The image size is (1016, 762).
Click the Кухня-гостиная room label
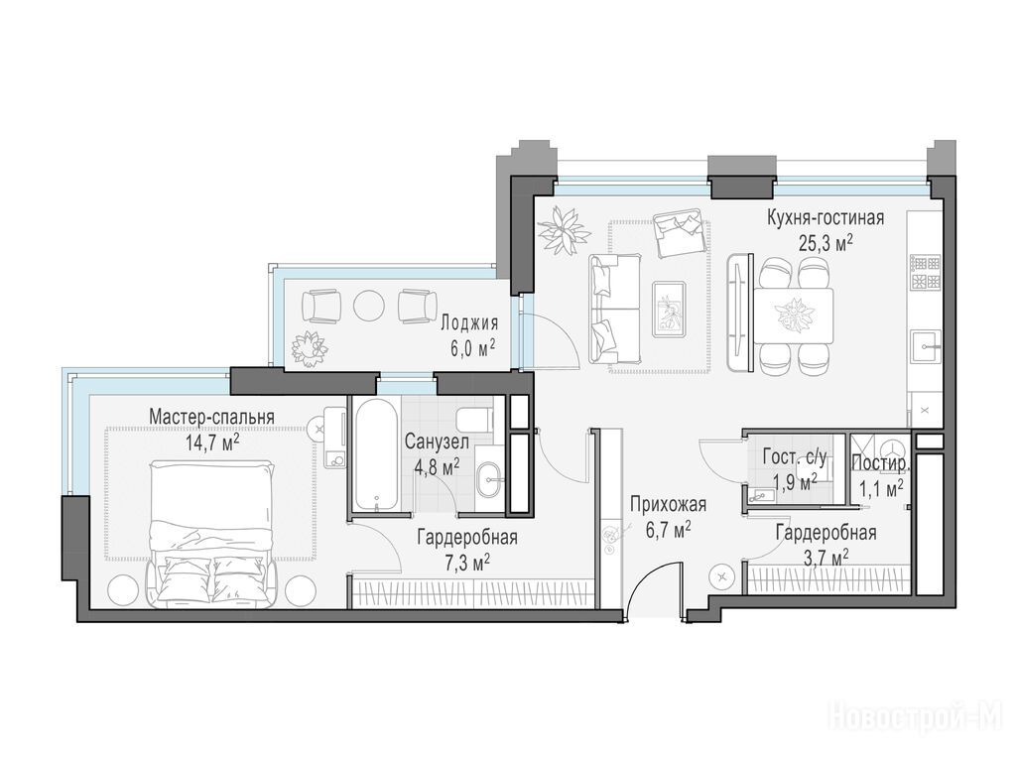coord(825,217)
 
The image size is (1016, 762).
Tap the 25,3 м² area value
coord(825,243)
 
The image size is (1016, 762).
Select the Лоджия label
coord(469,322)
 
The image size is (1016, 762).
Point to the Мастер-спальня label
coord(212,417)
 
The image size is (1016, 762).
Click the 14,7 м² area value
coord(212,442)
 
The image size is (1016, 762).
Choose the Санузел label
coord(437,442)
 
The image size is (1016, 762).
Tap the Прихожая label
coord(668,503)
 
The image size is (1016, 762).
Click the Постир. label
coord(881,463)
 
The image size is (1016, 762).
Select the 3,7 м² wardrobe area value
coord(826,558)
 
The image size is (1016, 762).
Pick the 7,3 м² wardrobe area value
coord(467,563)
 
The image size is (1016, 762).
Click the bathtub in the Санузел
coord(376,454)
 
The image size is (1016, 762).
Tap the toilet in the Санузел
coord(475,420)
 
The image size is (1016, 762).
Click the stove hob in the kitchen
coord(926,272)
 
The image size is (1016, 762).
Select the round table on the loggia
coord(369,305)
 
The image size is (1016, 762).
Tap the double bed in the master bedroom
coord(211,534)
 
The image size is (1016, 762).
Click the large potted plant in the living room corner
coord(564,230)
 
